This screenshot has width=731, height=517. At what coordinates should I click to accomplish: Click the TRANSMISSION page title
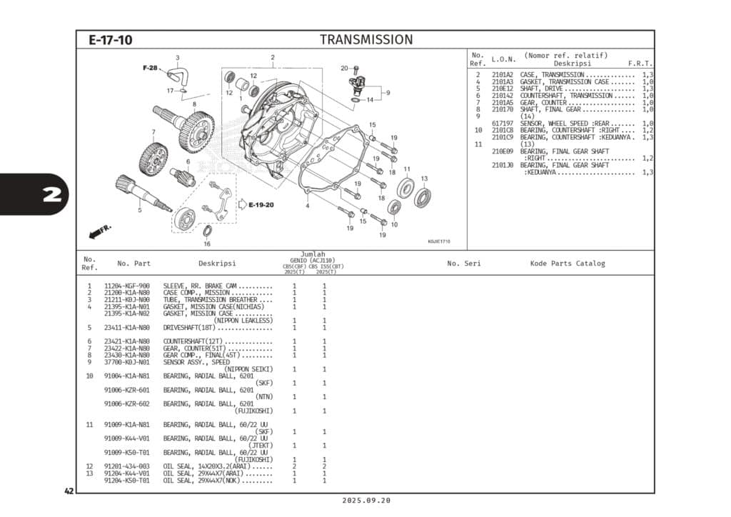pos(365,40)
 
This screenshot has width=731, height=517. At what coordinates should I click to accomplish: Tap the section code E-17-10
pos(110,41)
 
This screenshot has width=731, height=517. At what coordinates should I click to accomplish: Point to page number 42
pos(69,491)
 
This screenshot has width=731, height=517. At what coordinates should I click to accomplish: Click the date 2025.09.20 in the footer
pos(365,501)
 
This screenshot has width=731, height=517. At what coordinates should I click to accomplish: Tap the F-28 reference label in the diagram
pos(150,68)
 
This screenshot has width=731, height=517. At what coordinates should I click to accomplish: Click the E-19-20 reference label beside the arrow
pos(261,205)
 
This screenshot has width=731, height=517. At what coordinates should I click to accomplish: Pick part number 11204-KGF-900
pos(127,286)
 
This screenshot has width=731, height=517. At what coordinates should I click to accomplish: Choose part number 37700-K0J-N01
pos(127,362)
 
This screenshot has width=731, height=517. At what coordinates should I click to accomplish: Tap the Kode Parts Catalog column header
pos(567,263)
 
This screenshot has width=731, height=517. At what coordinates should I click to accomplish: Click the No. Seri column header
pos(464,263)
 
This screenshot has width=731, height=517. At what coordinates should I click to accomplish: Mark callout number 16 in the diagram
pos(207,244)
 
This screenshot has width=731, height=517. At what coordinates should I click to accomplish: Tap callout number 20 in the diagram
pos(344,69)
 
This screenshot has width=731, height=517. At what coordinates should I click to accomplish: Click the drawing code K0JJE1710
pos(439,241)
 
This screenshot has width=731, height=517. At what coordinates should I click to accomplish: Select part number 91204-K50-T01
pos(127,481)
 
